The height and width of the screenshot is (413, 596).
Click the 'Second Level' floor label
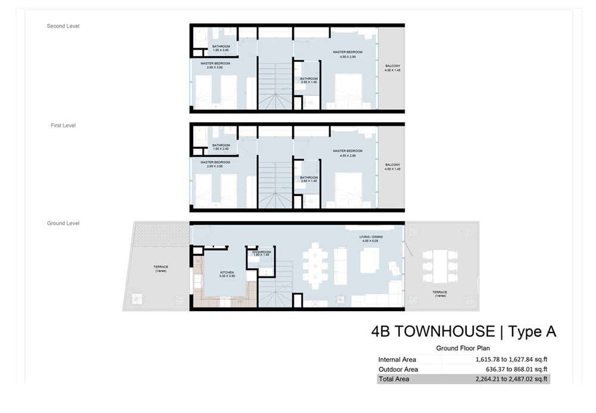[63, 26]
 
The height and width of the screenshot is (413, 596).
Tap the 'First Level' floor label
[63, 126]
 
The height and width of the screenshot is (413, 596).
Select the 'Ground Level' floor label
[63, 223]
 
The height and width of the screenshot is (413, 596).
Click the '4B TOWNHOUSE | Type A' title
[463, 332]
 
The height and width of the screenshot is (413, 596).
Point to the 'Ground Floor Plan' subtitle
[462, 349]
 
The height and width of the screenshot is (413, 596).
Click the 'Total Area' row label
[393, 378]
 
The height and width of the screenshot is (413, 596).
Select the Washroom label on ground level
[262, 253]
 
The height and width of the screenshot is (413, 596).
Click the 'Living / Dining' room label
[370, 238]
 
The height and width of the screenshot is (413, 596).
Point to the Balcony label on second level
[392, 67]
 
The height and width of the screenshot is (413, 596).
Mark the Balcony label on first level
[392, 166]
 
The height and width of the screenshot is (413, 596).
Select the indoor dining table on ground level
[313, 267]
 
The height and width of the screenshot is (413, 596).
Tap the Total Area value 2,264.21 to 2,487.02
[511, 378]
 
